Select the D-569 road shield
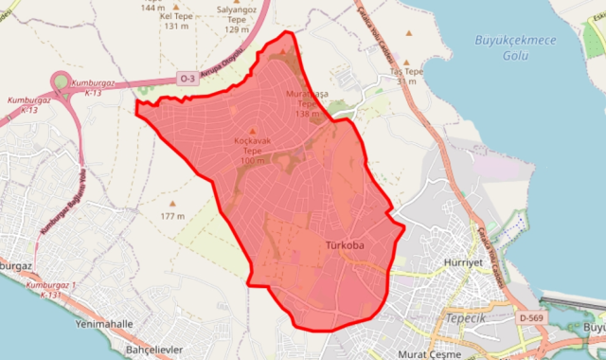coord(531,318)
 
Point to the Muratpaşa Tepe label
coord(309,103)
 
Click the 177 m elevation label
coord(172,216)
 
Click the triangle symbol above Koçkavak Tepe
coord(252,132)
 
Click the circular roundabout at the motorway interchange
coord(62,83)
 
